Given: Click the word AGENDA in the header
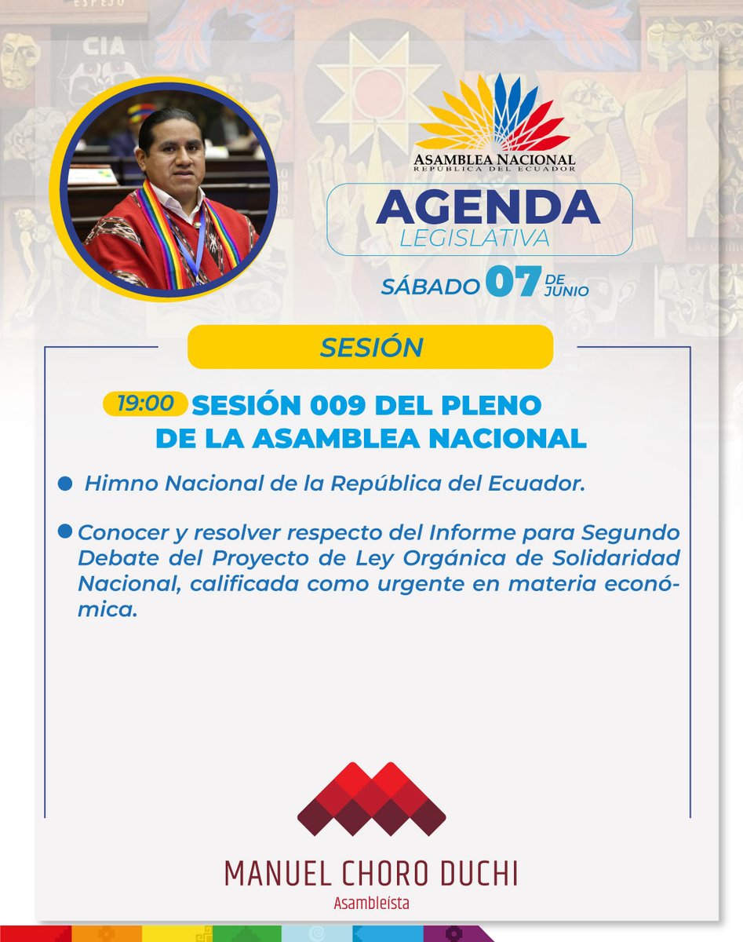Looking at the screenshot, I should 487,206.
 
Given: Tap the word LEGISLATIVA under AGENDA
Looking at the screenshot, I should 475,238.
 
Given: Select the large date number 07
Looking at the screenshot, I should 513,283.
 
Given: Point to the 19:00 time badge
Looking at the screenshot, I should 145,403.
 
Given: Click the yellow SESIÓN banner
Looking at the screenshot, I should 370,347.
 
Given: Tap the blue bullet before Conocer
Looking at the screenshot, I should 66,532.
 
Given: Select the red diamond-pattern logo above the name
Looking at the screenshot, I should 371,799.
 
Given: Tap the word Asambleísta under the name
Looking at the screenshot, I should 371,904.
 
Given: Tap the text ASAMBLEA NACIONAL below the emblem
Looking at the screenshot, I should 494,159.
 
